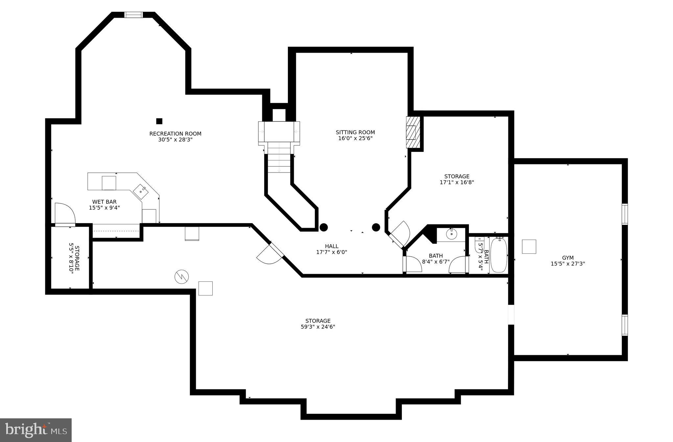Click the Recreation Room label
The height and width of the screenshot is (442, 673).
click(x=175, y=134)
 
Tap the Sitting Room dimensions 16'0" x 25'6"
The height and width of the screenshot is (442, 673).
click(x=355, y=138)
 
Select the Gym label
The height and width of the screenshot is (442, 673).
click(x=568, y=258)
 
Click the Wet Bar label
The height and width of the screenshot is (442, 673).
click(x=104, y=202)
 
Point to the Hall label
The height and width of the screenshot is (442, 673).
click(x=332, y=246)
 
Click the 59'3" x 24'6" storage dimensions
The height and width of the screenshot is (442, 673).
click(x=318, y=327)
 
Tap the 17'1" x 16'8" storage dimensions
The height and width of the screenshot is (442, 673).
click(x=457, y=182)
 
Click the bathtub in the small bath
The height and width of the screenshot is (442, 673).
click(x=499, y=255)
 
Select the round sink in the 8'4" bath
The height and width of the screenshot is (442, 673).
click(x=452, y=234)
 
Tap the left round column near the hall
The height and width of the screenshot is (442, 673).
click(x=324, y=227)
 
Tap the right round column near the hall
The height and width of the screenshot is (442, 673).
click(x=376, y=227)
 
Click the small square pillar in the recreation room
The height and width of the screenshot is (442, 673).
click(x=159, y=121)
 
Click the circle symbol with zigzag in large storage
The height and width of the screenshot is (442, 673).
click(x=181, y=277)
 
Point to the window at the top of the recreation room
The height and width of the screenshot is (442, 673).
click(x=133, y=15)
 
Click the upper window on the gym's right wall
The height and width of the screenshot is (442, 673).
click(x=624, y=214)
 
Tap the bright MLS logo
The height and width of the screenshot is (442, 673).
click(x=36, y=430)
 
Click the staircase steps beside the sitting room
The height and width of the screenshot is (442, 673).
click(x=279, y=158)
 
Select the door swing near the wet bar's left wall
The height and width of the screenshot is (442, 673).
click(x=65, y=214)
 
